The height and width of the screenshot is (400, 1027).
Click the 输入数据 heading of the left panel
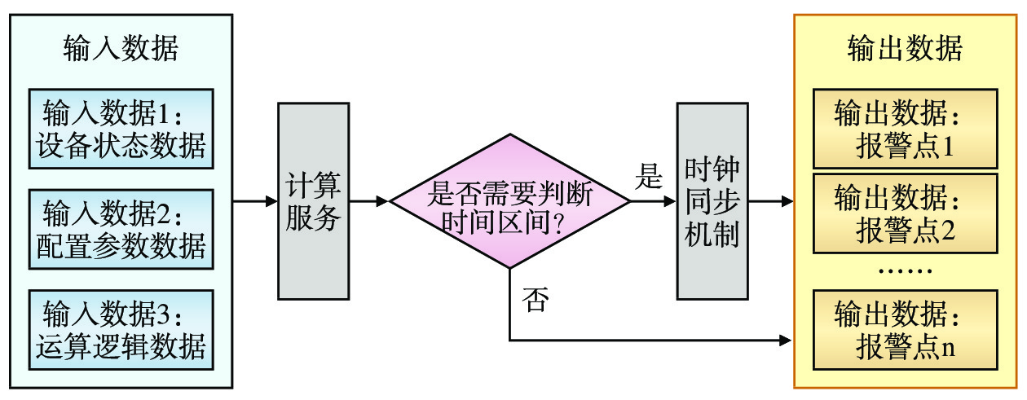121,50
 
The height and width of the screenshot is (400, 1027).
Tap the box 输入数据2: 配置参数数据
121,229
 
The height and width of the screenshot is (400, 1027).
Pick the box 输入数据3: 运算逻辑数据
121,330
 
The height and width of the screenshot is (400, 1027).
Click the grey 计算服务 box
314,200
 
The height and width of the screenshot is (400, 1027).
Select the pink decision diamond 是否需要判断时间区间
509,201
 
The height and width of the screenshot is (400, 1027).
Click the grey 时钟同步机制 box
712,200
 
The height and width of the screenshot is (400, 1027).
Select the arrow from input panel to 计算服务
255,200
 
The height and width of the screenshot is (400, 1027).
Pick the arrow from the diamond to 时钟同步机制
653,200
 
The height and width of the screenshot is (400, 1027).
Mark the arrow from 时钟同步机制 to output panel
770,200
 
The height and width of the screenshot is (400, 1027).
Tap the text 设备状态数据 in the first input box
121,147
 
